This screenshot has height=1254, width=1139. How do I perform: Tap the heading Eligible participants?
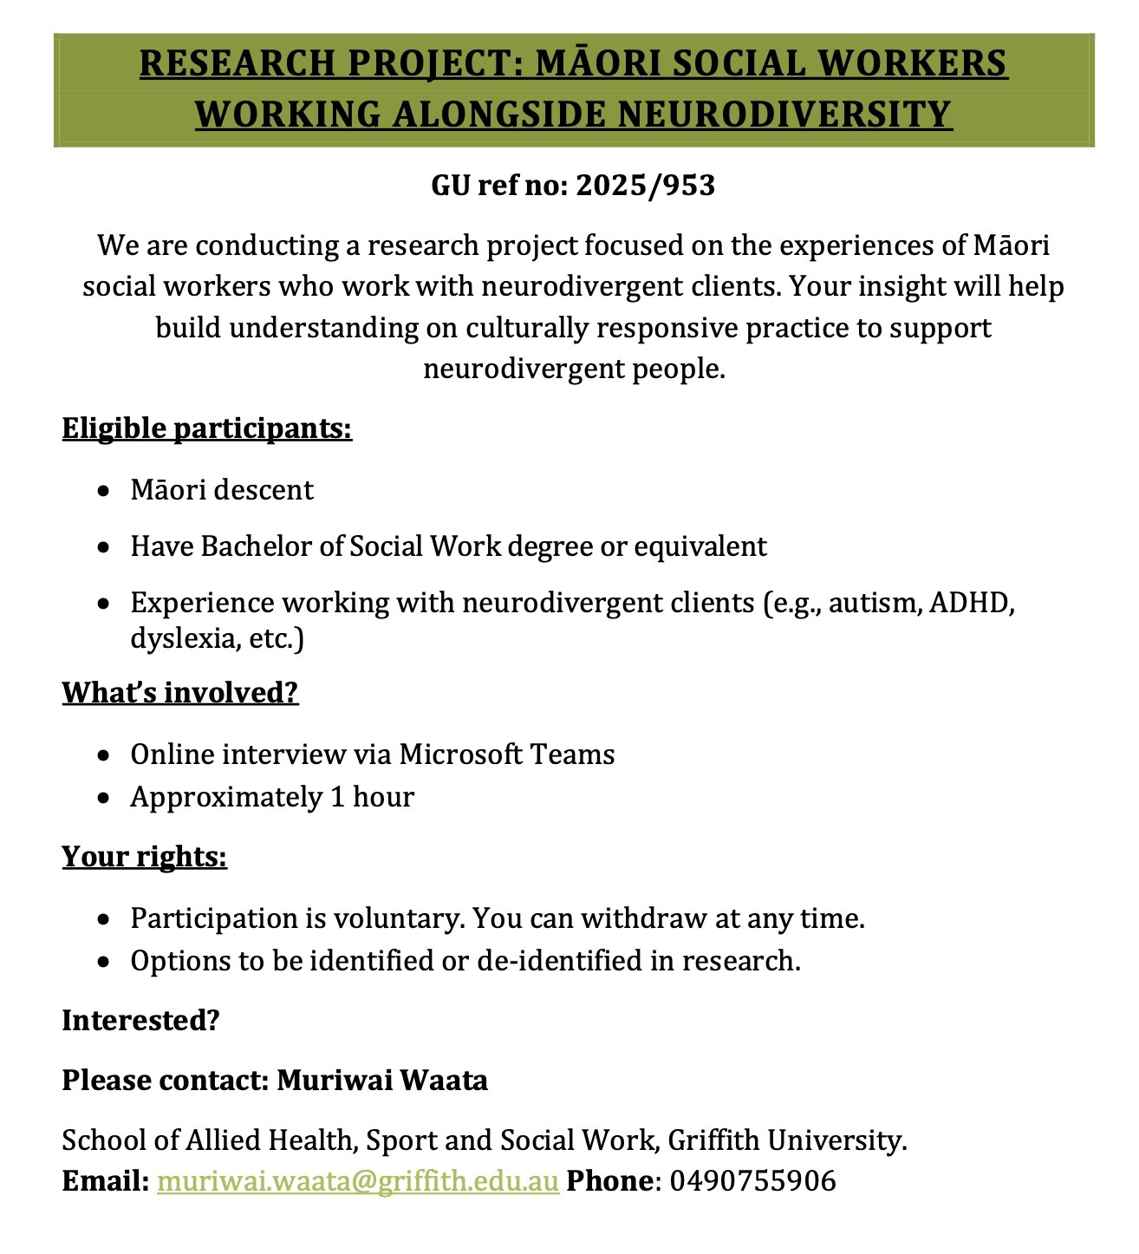pyautogui.click(x=207, y=428)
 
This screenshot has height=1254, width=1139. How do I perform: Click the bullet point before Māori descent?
pyautogui.click(x=104, y=491)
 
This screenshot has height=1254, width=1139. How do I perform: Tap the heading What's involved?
pyautogui.click(x=180, y=693)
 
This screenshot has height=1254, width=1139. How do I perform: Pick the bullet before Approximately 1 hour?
pyautogui.click(x=104, y=798)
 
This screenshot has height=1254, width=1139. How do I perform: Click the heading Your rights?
pyautogui.click(x=144, y=857)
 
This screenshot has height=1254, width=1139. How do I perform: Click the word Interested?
pyautogui.click(x=141, y=1021)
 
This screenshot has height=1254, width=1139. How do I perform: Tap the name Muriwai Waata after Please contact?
pyautogui.click(x=382, y=1081)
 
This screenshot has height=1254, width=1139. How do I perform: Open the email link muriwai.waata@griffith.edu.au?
pyautogui.click(x=358, y=1181)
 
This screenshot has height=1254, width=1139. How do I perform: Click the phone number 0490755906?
pyautogui.click(x=753, y=1181)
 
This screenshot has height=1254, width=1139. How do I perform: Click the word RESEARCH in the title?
pyautogui.click(x=238, y=64)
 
